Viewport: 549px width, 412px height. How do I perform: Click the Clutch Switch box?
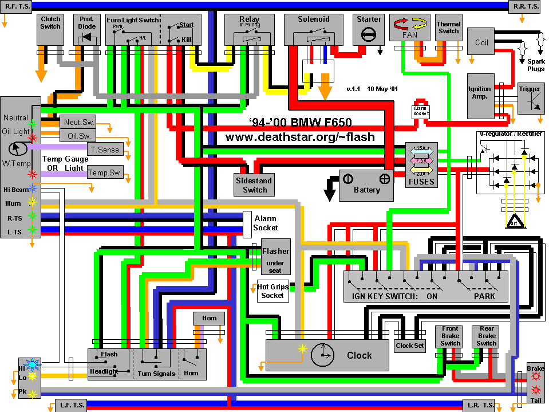50,29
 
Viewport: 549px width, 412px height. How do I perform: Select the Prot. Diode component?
86,29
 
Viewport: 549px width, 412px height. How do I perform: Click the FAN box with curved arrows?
409,28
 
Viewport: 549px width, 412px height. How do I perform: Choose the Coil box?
482,42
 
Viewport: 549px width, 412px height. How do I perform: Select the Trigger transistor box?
530,98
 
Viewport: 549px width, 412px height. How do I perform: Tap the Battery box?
366,185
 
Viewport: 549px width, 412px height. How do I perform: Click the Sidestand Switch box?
254,185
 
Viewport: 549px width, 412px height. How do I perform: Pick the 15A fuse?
421,150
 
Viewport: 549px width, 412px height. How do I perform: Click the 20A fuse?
421,172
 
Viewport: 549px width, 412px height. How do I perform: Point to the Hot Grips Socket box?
272,291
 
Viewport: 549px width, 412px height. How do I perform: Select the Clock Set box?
410,346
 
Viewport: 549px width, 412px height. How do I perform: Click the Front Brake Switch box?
450,336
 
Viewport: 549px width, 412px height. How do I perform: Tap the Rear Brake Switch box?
487,336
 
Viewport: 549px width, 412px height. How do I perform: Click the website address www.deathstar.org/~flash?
300,137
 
